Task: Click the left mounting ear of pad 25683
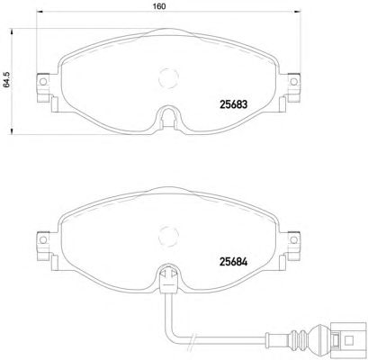click(40, 84)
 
